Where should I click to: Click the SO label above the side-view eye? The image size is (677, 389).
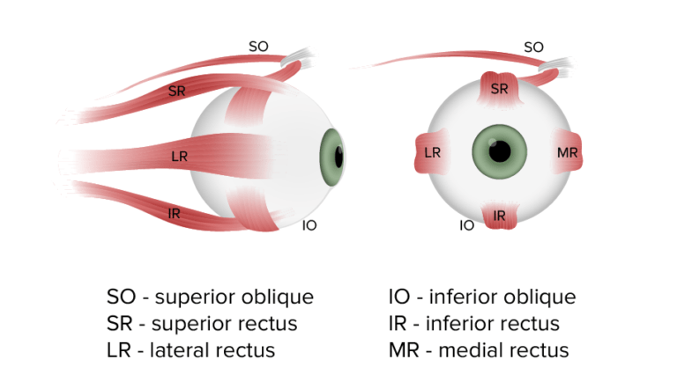click(258, 46)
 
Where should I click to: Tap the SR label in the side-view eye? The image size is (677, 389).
click(176, 91)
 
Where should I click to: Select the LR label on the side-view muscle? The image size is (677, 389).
click(179, 158)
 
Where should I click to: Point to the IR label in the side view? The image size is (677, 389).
click(175, 213)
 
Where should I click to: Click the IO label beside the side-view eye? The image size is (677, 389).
click(309, 226)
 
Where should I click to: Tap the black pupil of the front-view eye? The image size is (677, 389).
click(500, 152)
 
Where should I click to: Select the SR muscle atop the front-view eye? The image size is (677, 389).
click(499, 88)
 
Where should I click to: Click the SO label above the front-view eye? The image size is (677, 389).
click(533, 47)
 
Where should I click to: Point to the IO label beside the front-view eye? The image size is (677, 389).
click(467, 226)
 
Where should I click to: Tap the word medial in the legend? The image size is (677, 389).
click(472, 349)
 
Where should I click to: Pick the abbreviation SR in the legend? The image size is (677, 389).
click(122, 323)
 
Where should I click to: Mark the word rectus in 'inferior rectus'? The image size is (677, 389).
click(531, 323)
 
